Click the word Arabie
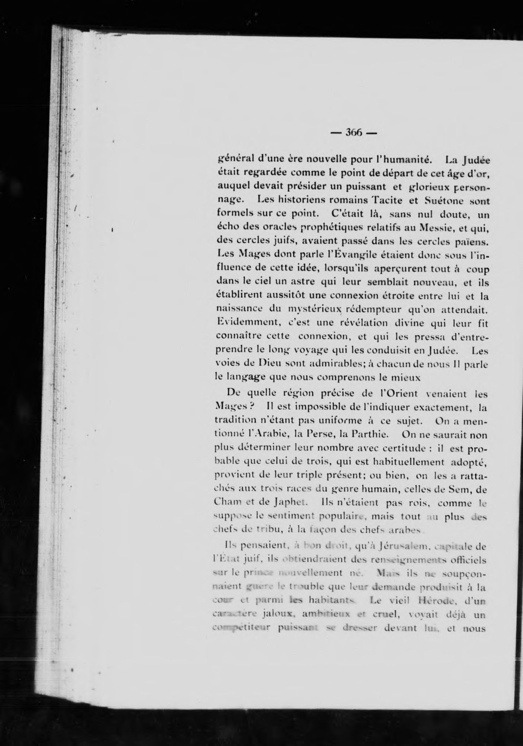click(x=273, y=434)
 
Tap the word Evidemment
click(x=246, y=323)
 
